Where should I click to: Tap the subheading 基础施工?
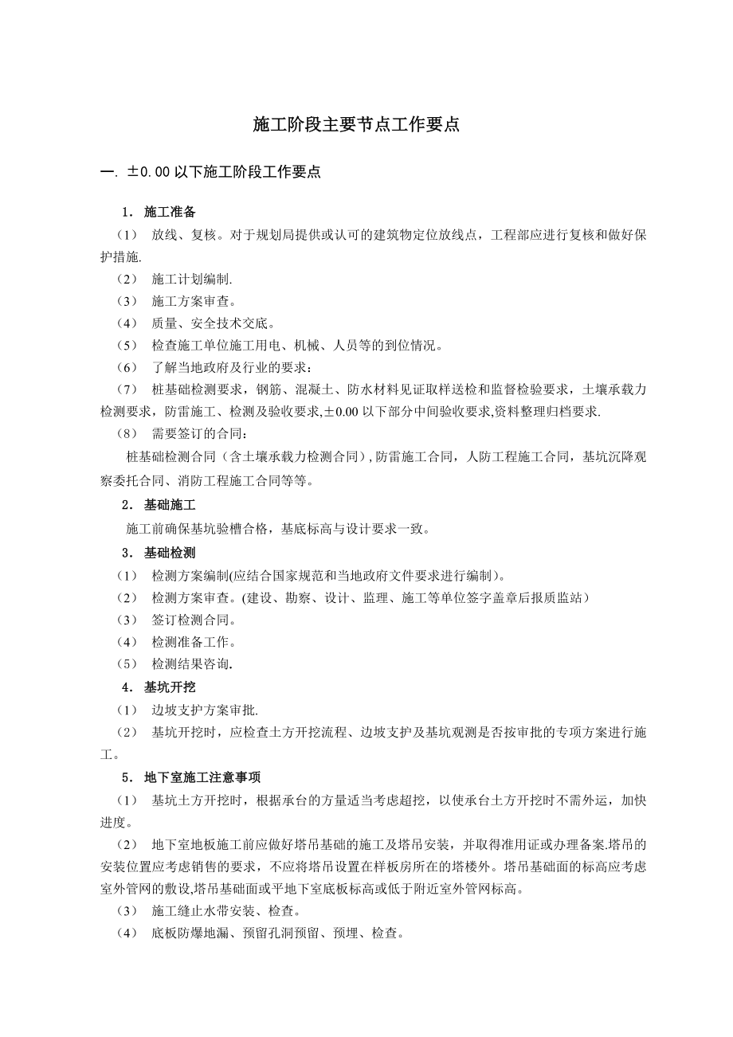[169, 506]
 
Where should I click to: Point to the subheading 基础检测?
[169, 552]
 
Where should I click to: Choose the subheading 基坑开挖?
[169, 687]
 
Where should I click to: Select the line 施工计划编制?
[191, 280]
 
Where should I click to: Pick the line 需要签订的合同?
[198, 434]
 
